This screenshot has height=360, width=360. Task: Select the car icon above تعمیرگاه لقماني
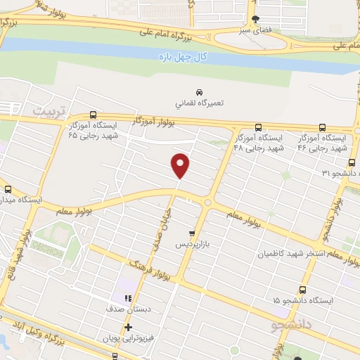point(199,92)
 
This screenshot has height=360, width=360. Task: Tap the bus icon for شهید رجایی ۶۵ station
point(93,116)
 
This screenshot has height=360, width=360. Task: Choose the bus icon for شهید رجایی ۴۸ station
point(258,127)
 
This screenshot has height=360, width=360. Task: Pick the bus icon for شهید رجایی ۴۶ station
point(322,127)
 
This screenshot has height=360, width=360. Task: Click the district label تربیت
point(53,112)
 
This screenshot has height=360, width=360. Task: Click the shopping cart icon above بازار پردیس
point(192,233)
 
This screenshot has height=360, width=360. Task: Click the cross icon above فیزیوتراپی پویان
point(128,328)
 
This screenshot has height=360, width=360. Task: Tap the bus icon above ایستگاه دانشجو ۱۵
point(302,290)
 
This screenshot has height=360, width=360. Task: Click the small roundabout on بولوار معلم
point(207,202)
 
